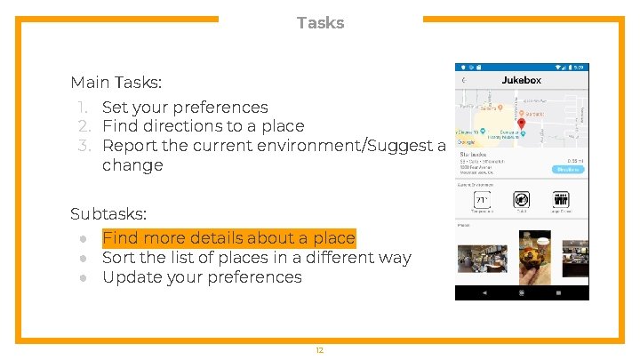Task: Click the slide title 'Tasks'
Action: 320,22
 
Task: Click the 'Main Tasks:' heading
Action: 116,83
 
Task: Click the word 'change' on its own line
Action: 132,165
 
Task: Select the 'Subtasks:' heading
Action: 108,214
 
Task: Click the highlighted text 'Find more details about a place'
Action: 228,238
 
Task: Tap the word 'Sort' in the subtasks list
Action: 119,258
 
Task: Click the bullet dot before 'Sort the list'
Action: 83,259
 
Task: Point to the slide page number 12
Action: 319,350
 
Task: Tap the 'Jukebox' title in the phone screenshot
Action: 521,80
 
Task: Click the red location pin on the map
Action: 521,125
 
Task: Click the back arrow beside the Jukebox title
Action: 463,80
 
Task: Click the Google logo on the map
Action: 466,142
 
